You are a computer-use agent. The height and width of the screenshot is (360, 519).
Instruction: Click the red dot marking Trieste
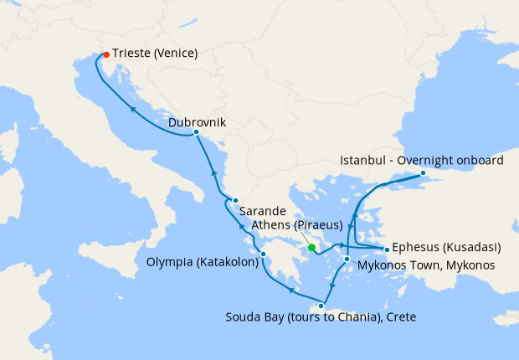[x=105, y=55]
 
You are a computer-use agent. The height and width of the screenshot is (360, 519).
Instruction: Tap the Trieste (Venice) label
[x=155, y=54]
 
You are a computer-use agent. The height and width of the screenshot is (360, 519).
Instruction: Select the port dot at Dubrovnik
[x=195, y=132]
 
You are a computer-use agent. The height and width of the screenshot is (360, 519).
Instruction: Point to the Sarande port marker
[x=235, y=200]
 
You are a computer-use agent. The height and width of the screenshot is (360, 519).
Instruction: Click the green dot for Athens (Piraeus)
[x=311, y=248]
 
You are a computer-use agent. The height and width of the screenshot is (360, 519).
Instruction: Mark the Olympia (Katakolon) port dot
[x=263, y=255]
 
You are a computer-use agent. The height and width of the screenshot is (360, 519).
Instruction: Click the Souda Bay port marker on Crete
[x=321, y=306]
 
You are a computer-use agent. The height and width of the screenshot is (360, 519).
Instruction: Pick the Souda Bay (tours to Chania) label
[x=321, y=317]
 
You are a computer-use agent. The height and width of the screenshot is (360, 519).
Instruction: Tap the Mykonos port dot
[x=347, y=260]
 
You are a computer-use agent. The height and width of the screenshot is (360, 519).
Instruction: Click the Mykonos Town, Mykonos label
[x=426, y=265]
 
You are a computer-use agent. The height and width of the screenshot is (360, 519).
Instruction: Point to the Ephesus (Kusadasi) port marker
[x=386, y=249]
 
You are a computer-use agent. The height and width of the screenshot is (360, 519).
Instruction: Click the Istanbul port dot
[x=423, y=173]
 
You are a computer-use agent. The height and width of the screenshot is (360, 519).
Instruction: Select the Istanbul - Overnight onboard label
[x=422, y=160]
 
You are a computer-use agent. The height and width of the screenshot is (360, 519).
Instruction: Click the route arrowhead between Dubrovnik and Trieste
[x=134, y=108]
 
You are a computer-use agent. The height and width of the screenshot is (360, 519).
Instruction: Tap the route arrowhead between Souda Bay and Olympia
[x=291, y=291]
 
